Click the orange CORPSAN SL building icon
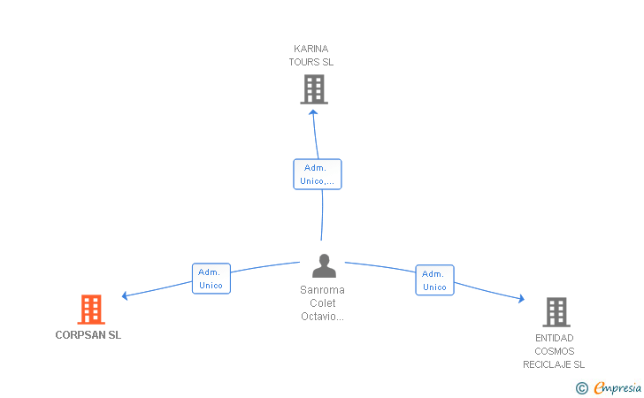91,310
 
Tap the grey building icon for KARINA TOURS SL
314,89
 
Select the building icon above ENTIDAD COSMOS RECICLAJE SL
556,312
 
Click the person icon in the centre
324,265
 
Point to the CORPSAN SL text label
88,335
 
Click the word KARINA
310,49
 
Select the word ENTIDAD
554,338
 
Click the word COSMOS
554,351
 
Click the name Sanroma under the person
322,290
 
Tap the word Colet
322,303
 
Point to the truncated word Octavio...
322,317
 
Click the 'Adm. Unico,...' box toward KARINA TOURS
318,174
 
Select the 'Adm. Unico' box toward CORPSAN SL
211,279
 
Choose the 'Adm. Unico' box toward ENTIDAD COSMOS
434,280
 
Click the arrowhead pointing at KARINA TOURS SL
313,112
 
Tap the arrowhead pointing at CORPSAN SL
125,295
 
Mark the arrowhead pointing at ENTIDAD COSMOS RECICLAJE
522,299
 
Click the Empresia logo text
617,387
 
